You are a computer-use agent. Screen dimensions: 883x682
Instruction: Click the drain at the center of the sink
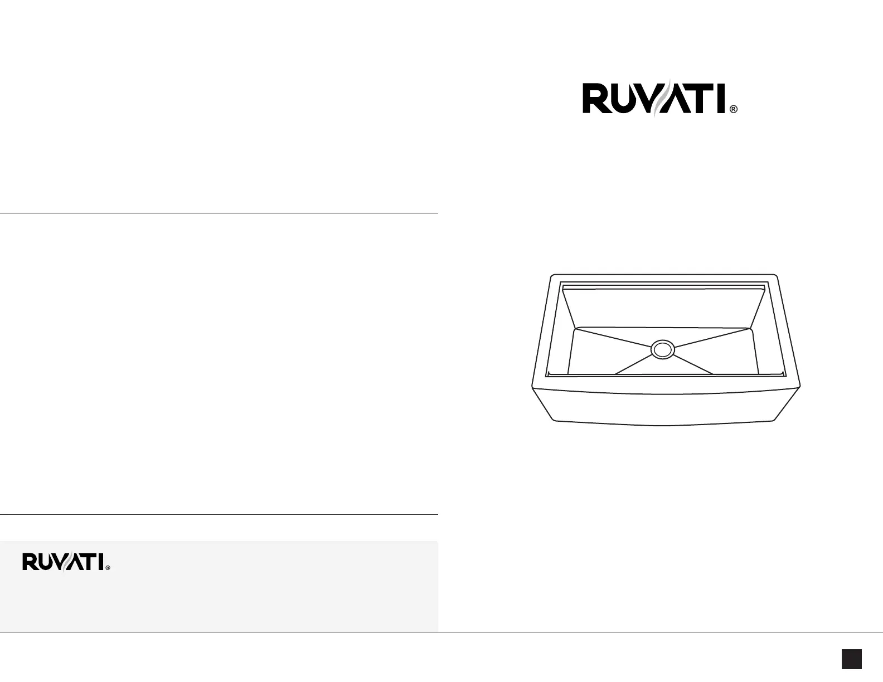click(663, 349)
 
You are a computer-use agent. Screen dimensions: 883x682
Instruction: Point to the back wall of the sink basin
click(663, 307)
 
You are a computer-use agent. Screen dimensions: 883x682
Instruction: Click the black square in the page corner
click(852, 659)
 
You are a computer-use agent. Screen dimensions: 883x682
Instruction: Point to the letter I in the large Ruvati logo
click(721, 99)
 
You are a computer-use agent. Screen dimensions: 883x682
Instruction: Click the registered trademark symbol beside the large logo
click(734, 110)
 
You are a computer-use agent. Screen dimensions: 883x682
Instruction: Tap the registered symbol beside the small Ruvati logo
click(108, 568)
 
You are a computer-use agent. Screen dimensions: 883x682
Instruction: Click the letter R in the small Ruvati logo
click(28, 562)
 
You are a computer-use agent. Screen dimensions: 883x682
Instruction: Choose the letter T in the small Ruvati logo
click(90, 562)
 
